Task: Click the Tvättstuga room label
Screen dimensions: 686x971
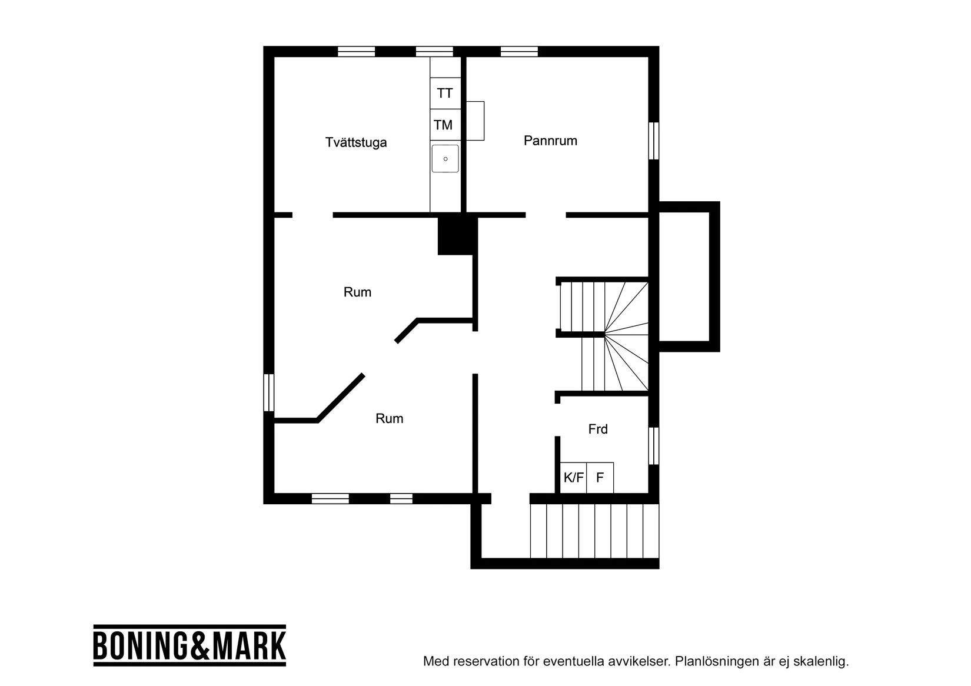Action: [356, 142]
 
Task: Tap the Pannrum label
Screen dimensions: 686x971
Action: [550, 141]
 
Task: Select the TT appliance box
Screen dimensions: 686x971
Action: [445, 94]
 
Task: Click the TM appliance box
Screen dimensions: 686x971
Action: [443, 125]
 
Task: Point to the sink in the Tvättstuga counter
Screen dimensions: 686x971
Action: [445, 159]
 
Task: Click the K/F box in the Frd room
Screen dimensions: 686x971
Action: [573, 478]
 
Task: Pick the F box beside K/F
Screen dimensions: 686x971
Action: [600, 478]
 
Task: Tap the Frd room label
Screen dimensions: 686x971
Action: [597, 429]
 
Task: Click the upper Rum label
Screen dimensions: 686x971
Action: [357, 292]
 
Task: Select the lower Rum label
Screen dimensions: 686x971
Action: [389, 419]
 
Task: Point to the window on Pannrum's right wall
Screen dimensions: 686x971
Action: [653, 141]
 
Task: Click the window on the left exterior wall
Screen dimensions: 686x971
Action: [268, 392]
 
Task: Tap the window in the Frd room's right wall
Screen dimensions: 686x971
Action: [653, 445]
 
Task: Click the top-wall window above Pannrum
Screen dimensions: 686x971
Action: [519, 52]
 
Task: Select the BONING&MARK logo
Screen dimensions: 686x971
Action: [189, 645]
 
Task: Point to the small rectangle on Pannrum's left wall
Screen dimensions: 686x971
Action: [475, 121]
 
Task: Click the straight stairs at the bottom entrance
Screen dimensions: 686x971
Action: [594, 531]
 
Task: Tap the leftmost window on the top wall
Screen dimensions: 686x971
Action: [356, 52]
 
